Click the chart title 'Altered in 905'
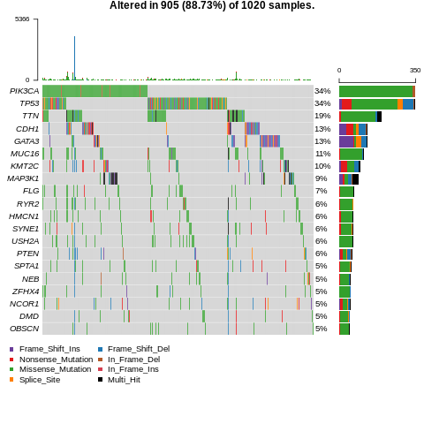(x=212, y=6)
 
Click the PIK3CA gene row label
(x=25, y=91)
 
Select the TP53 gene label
(x=29, y=103)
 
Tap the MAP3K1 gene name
(x=23, y=178)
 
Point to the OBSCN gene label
(x=25, y=329)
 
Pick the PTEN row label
(x=28, y=254)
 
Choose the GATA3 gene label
(x=26, y=141)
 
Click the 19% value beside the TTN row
(x=322, y=116)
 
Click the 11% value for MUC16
(x=322, y=154)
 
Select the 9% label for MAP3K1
(x=321, y=178)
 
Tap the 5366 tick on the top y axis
(x=22, y=19)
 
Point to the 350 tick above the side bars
(x=415, y=71)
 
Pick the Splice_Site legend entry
(x=40, y=379)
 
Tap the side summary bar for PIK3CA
(x=376, y=91)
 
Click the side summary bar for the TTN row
(x=360, y=116)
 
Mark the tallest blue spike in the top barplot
(x=74, y=57)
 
